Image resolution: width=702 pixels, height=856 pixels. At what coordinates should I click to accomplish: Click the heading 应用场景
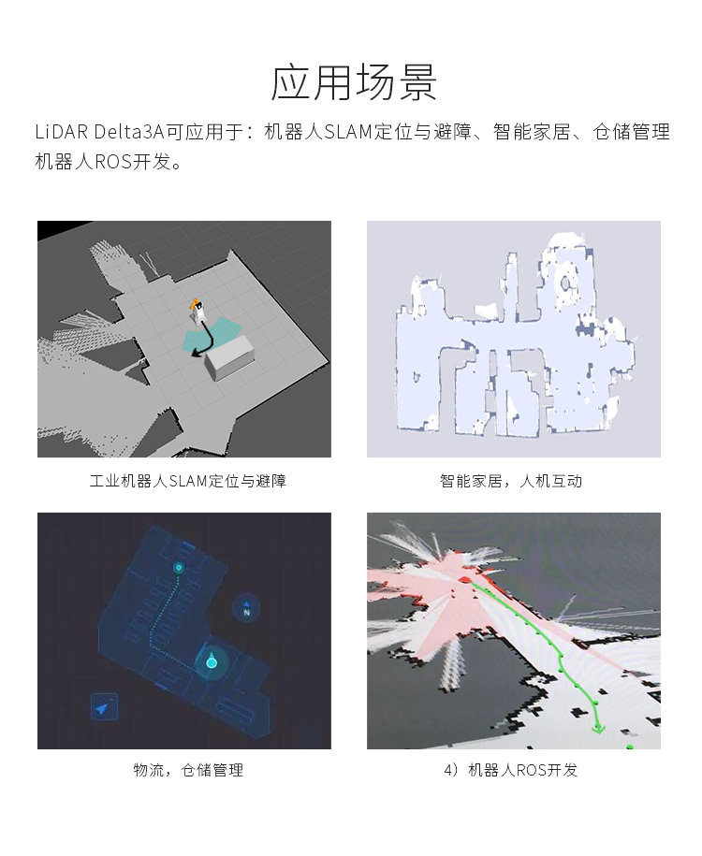[354, 82]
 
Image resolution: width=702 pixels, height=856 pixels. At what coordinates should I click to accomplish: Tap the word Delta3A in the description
[130, 132]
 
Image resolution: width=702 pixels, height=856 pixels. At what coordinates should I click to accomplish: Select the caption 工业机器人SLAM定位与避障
[188, 481]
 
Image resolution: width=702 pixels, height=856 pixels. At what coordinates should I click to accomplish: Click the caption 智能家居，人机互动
[511, 481]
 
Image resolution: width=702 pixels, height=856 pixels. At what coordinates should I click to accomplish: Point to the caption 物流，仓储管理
[188, 770]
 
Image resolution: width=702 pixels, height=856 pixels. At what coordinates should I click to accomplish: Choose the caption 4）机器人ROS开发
[511, 770]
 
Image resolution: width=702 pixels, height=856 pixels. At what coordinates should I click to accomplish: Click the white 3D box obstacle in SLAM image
[229, 357]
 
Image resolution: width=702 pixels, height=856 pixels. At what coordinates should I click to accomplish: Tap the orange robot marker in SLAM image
[194, 304]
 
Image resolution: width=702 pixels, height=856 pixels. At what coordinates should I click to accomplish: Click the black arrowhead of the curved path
[196, 355]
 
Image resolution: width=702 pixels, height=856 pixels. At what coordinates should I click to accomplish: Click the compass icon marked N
[246, 607]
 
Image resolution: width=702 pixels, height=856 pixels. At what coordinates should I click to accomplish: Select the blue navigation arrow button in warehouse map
[103, 707]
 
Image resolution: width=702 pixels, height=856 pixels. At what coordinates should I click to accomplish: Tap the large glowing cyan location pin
[212, 660]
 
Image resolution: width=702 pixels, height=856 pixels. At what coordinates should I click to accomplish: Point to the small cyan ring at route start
[178, 568]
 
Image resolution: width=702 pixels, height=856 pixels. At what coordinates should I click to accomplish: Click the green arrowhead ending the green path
[599, 727]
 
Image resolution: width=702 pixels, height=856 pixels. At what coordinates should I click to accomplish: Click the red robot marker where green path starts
[465, 579]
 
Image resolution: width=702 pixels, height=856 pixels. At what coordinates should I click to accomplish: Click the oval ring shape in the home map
[567, 283]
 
